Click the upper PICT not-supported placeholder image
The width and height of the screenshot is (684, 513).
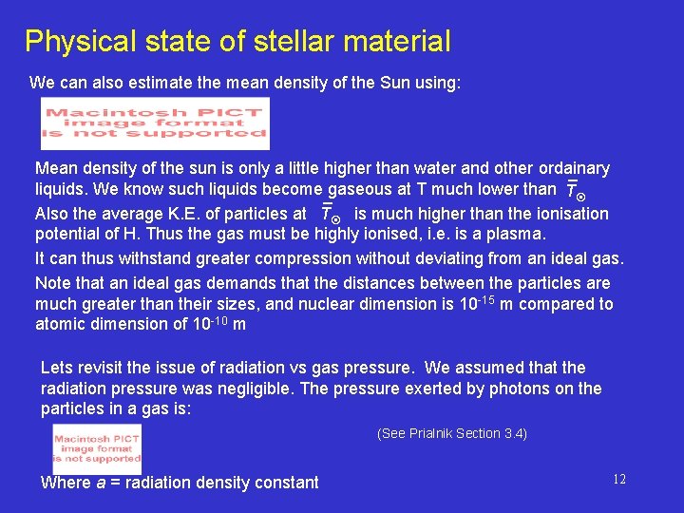[x=155, y=123]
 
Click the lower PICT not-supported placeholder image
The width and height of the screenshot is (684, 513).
[x=97, y=447]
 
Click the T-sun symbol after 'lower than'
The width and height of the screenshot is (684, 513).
[x=573, y=190]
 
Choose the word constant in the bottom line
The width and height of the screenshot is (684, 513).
[x=287, y=483]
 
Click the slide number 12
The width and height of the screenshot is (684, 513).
[x=619, y=480]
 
